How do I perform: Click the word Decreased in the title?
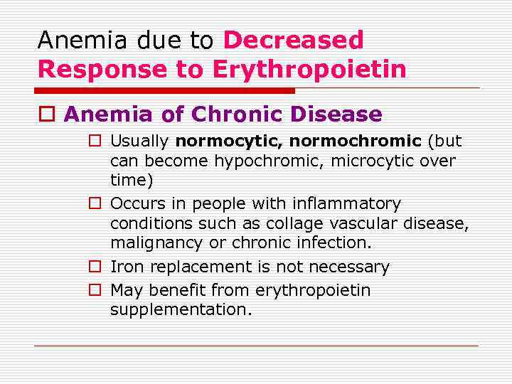(x=293, y=41)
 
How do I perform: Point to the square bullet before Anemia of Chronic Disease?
(x=48, y=114)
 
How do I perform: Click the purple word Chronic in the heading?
(x=238, y=114)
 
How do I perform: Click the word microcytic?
(x=381, y=161)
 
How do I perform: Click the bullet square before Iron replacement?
(x=94, y=267)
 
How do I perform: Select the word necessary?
(x=351, y=267)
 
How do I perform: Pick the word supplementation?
(x=181, y=310)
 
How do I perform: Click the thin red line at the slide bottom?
(x=256, y=346)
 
